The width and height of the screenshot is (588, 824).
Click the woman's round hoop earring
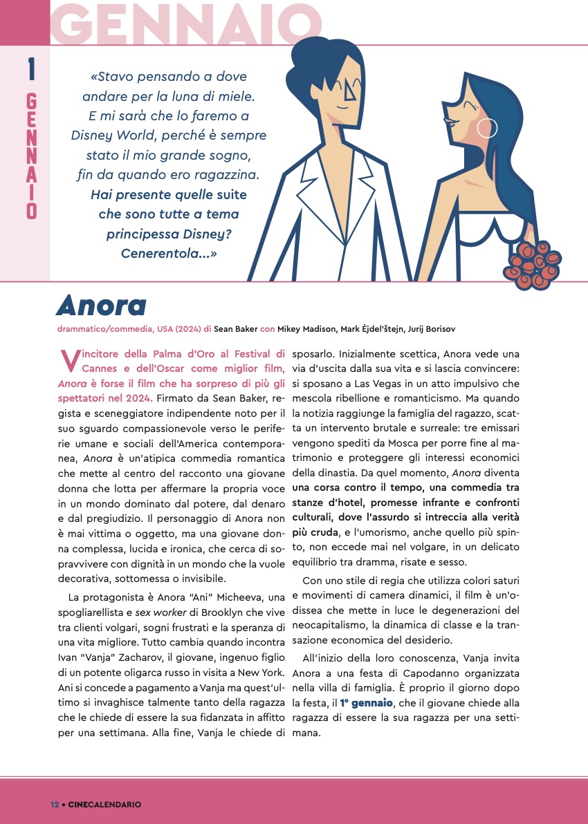click(x=488, y=128)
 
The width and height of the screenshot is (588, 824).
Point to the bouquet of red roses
click(x=532, y=265)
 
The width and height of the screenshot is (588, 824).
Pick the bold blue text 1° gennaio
click(x=367, y=702)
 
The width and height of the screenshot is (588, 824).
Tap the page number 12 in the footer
click(x=55, y=804)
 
